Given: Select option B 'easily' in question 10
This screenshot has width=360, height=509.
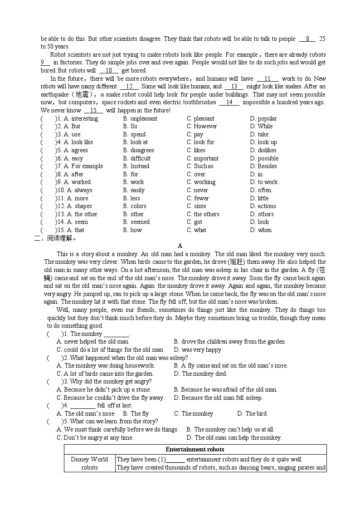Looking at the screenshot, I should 134,190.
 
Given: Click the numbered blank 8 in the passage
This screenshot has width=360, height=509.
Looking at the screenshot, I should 307,39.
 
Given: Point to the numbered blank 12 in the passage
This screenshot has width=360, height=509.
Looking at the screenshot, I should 129,87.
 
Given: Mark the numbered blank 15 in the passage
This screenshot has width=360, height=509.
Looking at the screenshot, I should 94,111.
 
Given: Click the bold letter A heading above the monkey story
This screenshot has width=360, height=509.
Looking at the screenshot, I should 180,246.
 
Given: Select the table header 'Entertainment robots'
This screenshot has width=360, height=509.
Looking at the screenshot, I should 195,450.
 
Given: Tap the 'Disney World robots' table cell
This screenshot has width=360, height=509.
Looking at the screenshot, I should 90,463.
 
